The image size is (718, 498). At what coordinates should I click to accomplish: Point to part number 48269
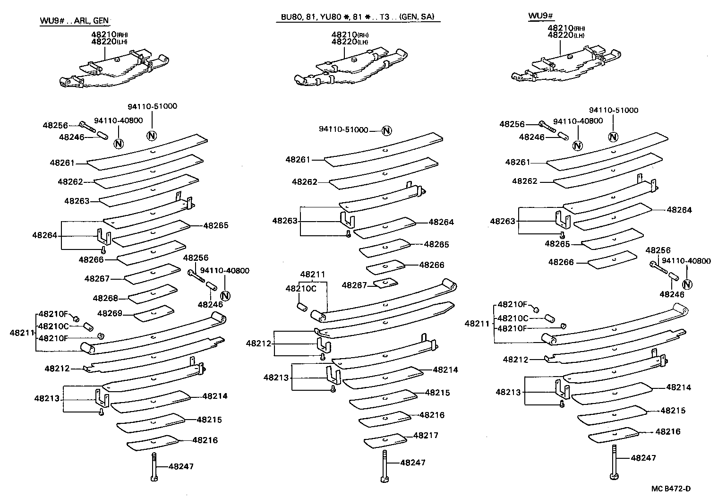[x=109, y=313]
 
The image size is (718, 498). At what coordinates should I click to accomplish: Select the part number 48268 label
[x=105, y=298]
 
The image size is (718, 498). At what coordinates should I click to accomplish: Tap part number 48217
[x=426, y=435]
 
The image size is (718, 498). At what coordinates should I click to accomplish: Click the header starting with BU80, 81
[x=357, y=17]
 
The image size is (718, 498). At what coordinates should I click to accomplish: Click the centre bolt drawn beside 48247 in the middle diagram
[x=385, y=466]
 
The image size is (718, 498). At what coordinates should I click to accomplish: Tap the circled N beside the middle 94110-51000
[x=386, y=130]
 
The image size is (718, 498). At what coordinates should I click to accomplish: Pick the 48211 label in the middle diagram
[x=312, y=274]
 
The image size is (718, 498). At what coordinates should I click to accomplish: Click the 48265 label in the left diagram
[x=216, y=225]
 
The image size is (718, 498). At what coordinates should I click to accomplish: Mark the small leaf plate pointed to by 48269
[x=154, y=313]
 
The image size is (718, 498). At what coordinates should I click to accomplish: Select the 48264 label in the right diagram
[x=679, y=210]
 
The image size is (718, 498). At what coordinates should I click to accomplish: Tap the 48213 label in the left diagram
[x=46, y=398]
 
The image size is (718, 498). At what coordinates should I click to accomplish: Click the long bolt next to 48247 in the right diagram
[x=614, y=461]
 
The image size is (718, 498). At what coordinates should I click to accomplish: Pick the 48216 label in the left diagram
[x=205, y=440]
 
